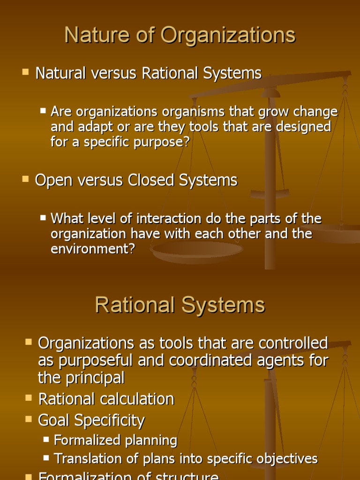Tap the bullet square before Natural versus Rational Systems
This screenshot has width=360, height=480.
point(25,72)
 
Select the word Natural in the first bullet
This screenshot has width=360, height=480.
point(60,74)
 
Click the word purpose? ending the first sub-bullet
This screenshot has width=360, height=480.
point(160,142)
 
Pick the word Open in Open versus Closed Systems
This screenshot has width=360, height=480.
point(52,180)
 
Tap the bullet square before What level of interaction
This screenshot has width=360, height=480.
point(43,217)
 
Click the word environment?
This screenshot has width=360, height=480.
point(92,248)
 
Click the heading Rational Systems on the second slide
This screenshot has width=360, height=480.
point(180,305)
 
